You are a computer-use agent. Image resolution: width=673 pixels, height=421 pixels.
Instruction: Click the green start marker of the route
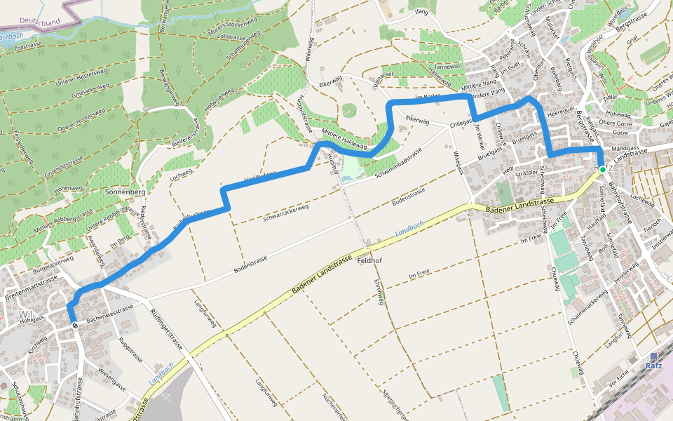(602, 169)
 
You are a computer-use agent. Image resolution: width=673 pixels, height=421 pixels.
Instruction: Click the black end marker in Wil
(74, 325)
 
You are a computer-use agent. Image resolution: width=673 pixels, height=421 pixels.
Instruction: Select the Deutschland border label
(41, 22)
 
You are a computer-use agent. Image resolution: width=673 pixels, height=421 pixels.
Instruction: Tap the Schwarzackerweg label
(286, 209)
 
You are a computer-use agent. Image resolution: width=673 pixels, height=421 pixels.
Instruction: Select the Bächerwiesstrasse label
(109, 314)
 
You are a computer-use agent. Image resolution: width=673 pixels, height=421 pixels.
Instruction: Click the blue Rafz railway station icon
(653, 356)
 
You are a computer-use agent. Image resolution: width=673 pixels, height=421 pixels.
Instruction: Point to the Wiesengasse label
(111, 379)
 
